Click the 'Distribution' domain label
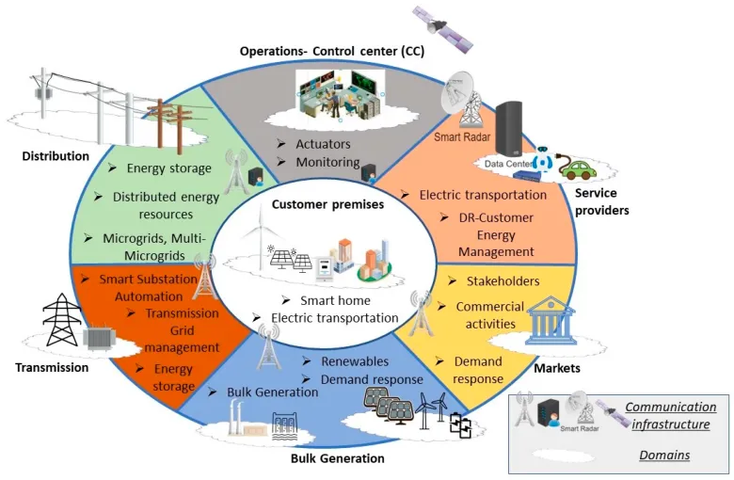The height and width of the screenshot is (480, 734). click(56, 155)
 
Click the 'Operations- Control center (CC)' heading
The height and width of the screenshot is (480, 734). click(331, 51)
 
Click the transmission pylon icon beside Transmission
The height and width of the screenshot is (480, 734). click(63, 317)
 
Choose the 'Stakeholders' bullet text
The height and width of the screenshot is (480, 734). click(503, 281)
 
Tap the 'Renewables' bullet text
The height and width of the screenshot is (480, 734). click(349, 360)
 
